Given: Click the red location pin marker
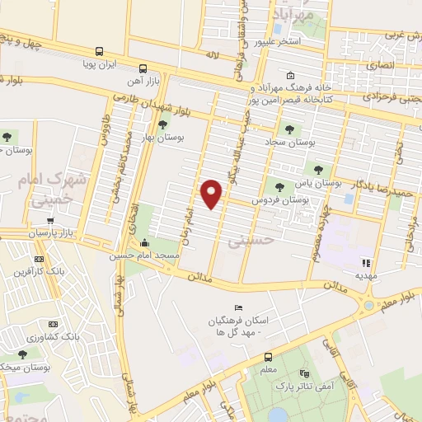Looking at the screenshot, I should [x=212, y=193].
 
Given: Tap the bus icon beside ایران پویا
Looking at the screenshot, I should [x=100, y=50].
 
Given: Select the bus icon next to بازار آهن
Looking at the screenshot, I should [x=143, y=68].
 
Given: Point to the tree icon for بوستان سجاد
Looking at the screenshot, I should [x=289, y=128].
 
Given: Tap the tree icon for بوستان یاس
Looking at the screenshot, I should [x=317, y=169].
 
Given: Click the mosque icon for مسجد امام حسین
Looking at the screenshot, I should [x=145, y=243].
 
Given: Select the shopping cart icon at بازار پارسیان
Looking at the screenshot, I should [x=51, y=221].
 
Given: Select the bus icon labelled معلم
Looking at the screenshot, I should [x=268, y=357].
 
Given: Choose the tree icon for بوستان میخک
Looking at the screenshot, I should [x=22, y=354].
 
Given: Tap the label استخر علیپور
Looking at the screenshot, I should [x=277, y=40].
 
